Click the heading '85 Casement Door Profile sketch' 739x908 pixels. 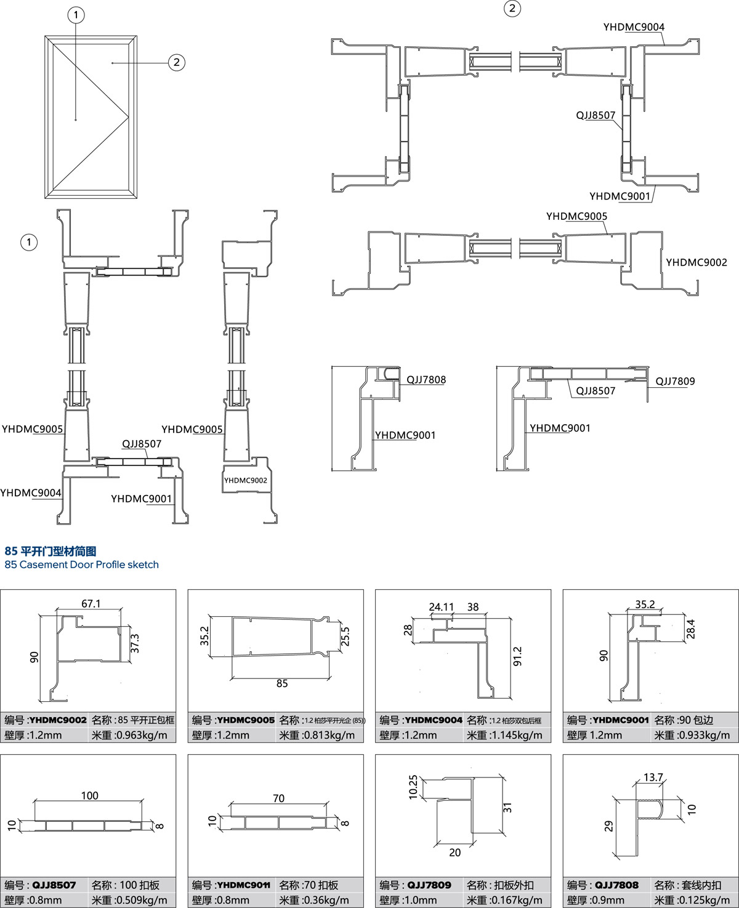(x=81, y=564)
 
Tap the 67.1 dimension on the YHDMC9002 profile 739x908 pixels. (x=91, y=604)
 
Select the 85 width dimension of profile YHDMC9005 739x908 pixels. (x=282, y=683)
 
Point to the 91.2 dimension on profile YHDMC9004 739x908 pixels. (x=517, y=656)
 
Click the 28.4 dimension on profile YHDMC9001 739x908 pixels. (x=690, y=629)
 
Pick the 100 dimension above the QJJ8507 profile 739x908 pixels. (x=90, y=795)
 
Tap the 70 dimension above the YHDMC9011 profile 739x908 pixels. (x=278, y=798)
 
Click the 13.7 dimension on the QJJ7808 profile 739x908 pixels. (x=653, y=777)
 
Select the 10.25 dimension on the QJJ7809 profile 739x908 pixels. (x=413, y=787)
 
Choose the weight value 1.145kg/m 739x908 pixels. (x=504, y=735)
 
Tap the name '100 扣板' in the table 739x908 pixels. (x=139, y=885)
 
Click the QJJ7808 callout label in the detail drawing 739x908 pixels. (x=426, y=380)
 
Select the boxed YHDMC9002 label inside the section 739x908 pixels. (x=246, y=480)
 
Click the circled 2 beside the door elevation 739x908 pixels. (x=177, y=62)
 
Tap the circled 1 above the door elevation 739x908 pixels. (x=76, y=15)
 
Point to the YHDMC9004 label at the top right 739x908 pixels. (x=634, y=27)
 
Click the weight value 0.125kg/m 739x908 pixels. (x=692, y=900)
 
